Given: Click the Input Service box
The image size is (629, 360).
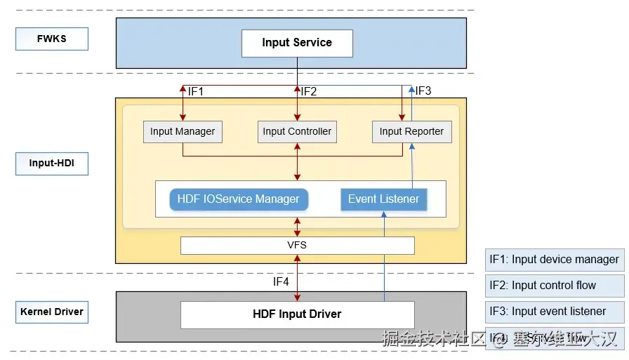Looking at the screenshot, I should click(297, 43).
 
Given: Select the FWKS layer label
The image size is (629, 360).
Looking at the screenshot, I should click(52, 39).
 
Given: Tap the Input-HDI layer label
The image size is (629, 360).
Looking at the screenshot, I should click(52, 164).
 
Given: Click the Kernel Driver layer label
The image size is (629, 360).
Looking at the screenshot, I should click(52, 312).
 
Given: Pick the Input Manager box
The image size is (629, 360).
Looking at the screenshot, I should click(183, 131).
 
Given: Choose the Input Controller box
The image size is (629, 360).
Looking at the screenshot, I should click(297, 131).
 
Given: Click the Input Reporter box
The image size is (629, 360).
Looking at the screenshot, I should click(411, 131).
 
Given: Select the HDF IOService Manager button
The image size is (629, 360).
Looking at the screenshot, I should click(239, 199).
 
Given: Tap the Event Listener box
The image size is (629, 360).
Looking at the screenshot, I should click(383, 199).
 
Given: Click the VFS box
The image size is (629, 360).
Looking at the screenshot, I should click(297, 245).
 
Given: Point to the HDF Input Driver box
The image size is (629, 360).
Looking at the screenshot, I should click(297, 314).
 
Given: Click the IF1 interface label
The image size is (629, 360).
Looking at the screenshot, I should click(196, 91).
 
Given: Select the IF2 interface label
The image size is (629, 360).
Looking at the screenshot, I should click(309, 91).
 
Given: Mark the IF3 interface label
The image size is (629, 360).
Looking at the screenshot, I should click(423, 91).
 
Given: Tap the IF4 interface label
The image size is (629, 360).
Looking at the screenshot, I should click(281, 282).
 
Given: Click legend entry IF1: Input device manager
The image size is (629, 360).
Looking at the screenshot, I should click(554, 260).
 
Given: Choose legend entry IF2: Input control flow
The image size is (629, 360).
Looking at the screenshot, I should click(554, 286).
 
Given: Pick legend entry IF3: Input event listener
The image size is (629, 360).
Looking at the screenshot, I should click(554, 312).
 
